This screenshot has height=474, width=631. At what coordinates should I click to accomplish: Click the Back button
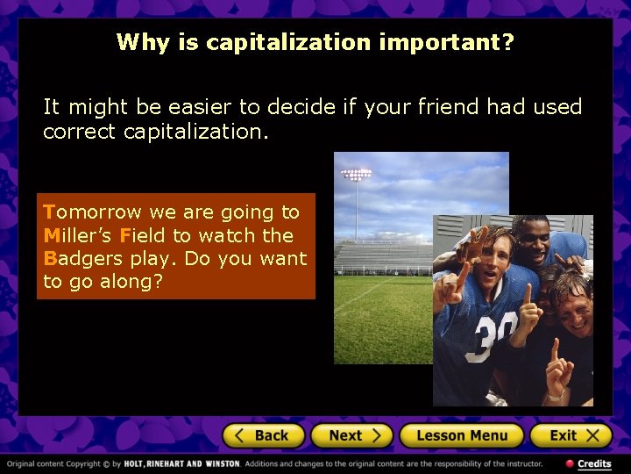click(263, 435)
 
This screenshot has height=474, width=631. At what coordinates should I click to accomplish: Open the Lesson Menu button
click(462, 435)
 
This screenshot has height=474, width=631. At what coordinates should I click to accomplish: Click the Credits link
click(593, 463)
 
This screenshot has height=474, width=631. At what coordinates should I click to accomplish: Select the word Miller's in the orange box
click(79, 235)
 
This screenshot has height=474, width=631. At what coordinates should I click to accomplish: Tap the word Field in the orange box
click(144, 235)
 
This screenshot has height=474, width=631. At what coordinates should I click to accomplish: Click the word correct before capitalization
click(80, 132)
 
